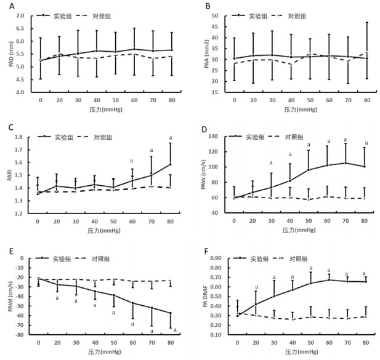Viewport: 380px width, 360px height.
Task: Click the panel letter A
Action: point(5,6)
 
